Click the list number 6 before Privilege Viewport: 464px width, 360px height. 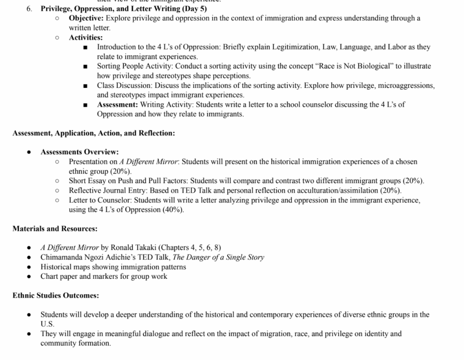pos(29,9)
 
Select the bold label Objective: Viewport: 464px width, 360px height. pos(86,18)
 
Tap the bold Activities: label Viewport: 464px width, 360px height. pos(86,38)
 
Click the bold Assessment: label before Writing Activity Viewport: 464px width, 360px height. pos(117,104)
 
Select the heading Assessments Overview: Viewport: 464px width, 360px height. pos(80,152)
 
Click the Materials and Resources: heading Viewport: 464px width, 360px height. pos(55,229)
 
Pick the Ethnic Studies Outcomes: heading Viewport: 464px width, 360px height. pos(56,295)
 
